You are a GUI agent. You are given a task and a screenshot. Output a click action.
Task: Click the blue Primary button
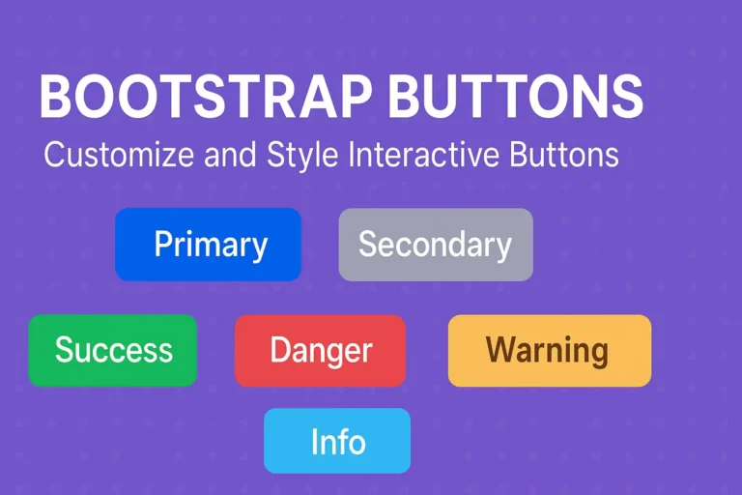tap(208, 245)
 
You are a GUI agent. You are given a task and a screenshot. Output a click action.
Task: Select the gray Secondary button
tap(435, 245)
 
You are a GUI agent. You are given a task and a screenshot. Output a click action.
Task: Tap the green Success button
tap(113, 350)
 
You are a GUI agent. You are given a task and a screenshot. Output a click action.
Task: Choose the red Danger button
tap(320, 350)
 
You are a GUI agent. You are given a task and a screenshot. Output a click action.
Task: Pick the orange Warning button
tap(549, 350)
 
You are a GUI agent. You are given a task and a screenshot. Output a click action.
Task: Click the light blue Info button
tap(337, 441)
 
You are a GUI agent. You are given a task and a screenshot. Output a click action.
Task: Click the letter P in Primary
tap(162, 245)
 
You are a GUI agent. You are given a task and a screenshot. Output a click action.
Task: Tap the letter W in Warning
tap(499, 350)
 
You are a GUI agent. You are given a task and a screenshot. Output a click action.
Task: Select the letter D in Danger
tap(280, 350)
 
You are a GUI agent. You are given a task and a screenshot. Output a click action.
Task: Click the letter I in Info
tap(315, 441)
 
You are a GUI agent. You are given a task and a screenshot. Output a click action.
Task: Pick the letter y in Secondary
tap(503, 248)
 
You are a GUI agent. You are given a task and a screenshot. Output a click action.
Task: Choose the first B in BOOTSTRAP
tap(56, 98)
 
